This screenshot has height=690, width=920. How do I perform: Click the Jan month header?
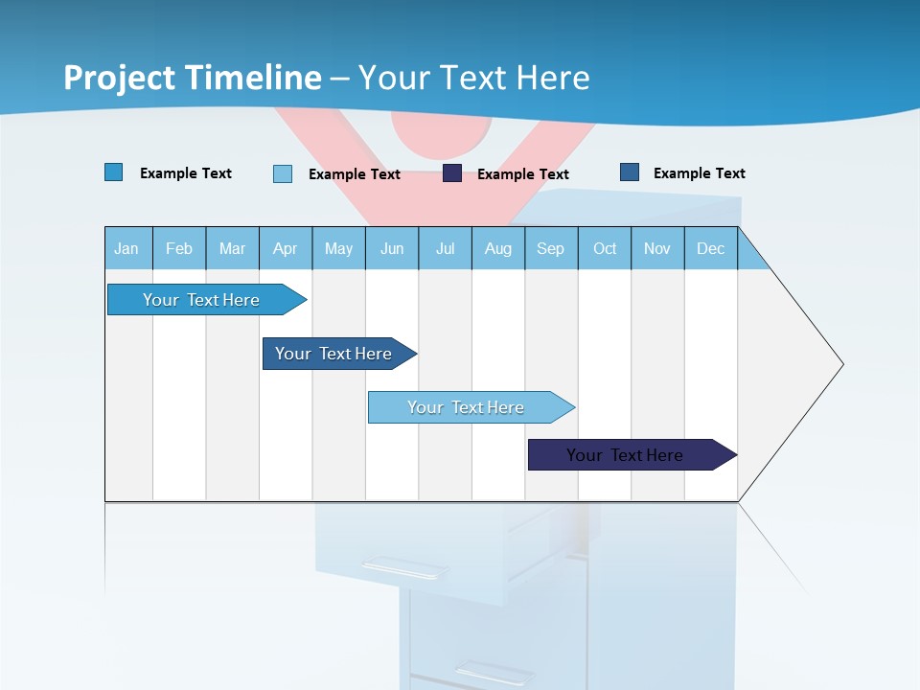coord(127,248)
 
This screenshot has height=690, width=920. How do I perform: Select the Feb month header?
coord(179,248)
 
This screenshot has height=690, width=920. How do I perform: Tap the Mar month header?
coord(232,248)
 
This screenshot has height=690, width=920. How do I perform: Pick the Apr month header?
coord(286,248)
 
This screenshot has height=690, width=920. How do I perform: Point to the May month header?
coord(338,248)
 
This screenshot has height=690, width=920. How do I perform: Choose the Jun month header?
coord(392,248)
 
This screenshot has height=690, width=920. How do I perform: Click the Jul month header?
coord(445,248)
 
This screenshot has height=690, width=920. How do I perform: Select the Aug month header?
coord(498,248)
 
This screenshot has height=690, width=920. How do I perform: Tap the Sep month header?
coord(551,248)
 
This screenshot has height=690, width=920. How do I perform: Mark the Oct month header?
coord(605,248)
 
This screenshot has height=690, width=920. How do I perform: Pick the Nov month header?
coord(657,248)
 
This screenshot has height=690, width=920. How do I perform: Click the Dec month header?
coord(711,248)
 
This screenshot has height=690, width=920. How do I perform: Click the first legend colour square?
coord(114,172)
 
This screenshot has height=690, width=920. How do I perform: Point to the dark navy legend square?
coord(452,173)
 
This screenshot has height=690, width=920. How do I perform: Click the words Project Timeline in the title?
coord(193,78)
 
